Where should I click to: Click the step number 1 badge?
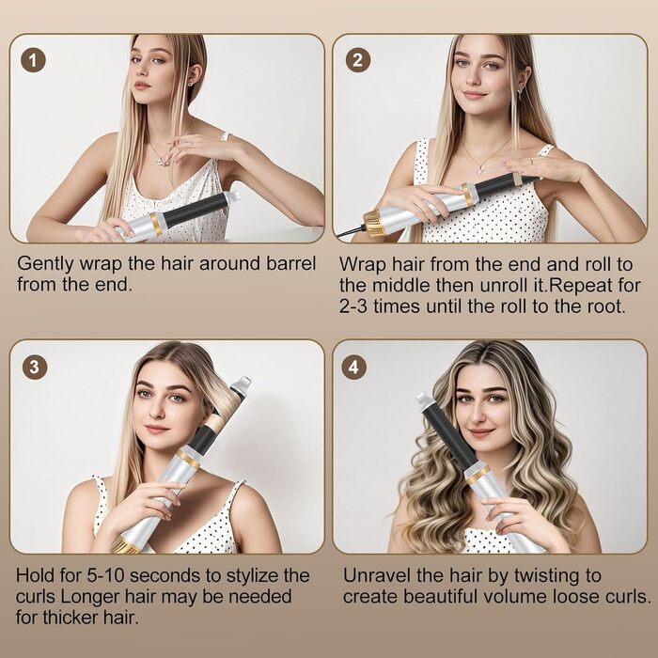(x=33, y=60)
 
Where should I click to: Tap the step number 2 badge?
(x=357, y=60)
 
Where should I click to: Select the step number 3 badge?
(x=35, y=368)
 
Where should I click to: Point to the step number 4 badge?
(x=353, y=368)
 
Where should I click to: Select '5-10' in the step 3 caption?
(x=105, y=575)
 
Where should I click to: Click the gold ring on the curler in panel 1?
(x=157, y=224)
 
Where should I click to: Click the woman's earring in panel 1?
(x=192, y=84)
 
